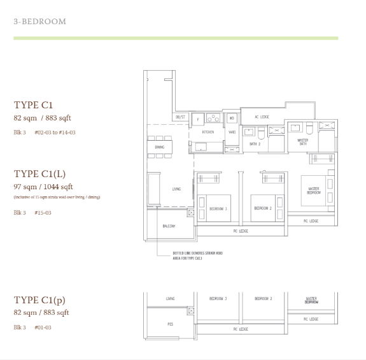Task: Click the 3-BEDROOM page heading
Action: pos(39,22)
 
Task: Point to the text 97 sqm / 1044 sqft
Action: pos(43,187)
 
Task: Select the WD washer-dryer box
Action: pos(231,118)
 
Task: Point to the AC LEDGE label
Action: pos(262,117)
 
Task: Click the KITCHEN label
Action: pos(208,132)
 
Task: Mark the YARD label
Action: pos(232,132)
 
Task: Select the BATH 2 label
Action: pos(255,145)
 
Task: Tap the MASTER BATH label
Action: pos(303,142)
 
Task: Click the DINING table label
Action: pos(159,147)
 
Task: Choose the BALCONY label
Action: pos(169,226)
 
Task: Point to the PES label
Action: pos(170,324)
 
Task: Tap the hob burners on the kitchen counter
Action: pos(213,118)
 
